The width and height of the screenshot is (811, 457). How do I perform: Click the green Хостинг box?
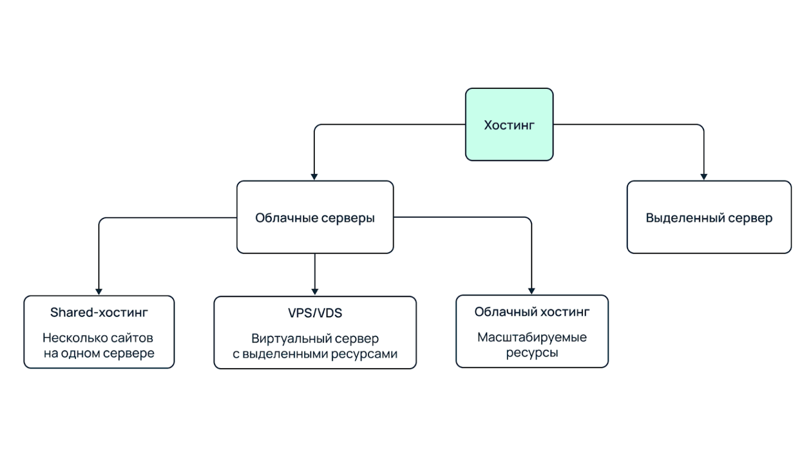(509, 125)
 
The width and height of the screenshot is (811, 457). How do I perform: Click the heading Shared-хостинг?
(99, 313)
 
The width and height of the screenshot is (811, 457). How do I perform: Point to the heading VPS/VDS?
(315, 313)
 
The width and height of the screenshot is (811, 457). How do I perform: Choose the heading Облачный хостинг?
(532, 312)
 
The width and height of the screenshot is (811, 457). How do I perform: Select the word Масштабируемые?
(532, 337)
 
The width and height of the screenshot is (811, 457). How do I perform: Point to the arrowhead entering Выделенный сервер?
(704, 177)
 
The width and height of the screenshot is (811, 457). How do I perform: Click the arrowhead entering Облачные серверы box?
(314, 177)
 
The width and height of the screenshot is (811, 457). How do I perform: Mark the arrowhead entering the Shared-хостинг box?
(99, 291)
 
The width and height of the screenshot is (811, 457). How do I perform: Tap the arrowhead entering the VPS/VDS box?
(315, 292)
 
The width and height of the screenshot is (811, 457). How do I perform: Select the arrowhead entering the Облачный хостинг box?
(531, 291)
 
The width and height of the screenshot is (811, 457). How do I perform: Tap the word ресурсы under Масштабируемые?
(532, 353)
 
